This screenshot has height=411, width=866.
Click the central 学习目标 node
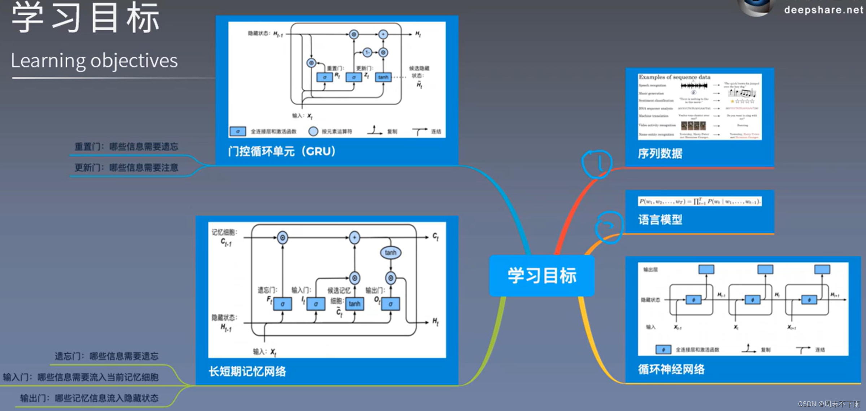coord(541,276)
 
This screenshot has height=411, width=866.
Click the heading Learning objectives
coord(94,61)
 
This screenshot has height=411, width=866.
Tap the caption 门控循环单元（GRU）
coord(282,151)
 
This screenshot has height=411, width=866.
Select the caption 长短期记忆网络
coord(247,371)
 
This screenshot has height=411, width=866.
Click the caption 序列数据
coord(660,154)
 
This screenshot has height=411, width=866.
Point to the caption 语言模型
coord(660,220)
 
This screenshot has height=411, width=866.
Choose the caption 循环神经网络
coord(671,369)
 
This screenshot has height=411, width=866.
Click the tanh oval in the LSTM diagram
coord(390,252)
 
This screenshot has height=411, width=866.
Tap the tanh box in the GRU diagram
coord(383,77)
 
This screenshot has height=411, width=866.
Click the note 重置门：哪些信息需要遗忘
coord(126,147)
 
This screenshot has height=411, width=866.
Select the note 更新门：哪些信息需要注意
coord(126,168)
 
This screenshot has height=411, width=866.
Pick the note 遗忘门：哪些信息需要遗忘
coord(106,356)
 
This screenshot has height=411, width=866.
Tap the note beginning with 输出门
coord(89,398)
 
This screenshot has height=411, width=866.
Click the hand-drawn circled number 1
coord(597,164)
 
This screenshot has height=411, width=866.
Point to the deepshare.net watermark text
coord(823,10)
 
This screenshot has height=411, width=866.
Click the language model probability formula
coord(700,201)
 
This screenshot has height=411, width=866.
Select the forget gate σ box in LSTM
coord(282,304)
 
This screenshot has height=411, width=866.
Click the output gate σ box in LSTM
coord(390,304)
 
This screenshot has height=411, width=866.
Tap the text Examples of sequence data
coord(674,77)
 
